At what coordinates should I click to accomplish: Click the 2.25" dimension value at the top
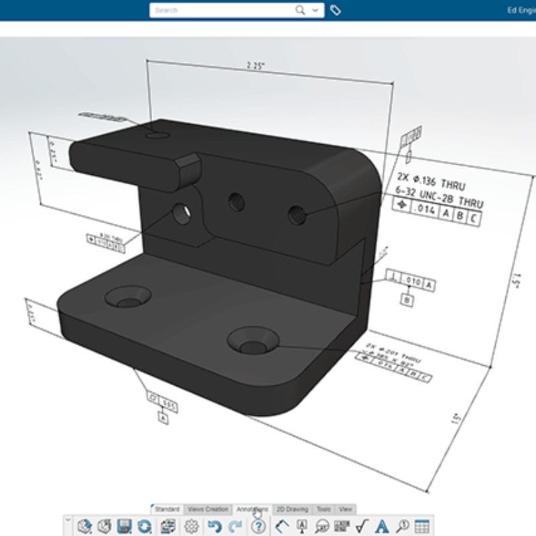click(255, 66)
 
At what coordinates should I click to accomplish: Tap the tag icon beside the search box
click(336, 10)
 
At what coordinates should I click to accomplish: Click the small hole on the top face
click(157, 135)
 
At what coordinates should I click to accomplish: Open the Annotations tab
click(253, 510)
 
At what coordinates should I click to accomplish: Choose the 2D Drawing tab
click(293, 510)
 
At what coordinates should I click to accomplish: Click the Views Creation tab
click(208, 510)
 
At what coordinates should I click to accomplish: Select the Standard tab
click(167, 510)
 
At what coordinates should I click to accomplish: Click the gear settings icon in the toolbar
click(192, 526)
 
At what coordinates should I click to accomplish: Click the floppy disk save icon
click(124, 526)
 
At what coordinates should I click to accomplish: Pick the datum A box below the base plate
click(163, 417)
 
